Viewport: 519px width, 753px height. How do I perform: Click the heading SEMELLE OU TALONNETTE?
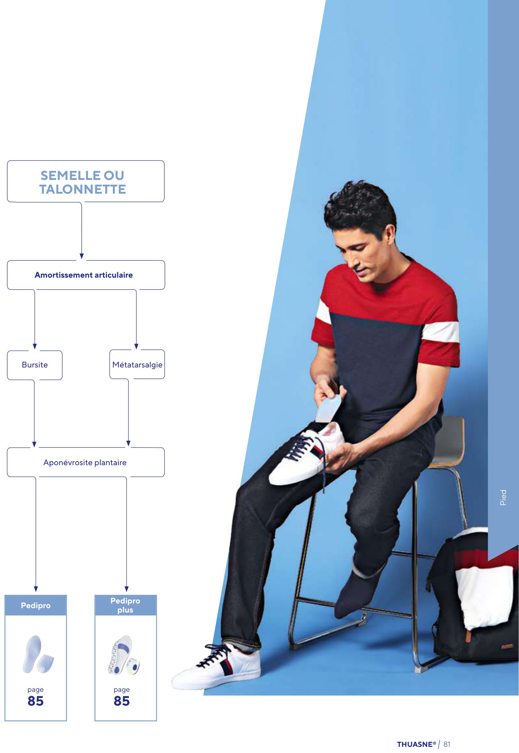[x=83, y=182]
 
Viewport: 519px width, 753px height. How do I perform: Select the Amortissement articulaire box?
[x=86, y=275]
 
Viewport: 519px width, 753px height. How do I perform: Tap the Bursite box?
[x=35, y=365]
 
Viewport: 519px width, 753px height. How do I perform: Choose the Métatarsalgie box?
[x=137, y=364]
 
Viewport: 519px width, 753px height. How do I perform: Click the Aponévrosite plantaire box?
[x=85, y=462]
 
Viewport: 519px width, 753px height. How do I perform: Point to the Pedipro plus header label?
[x=125, y=605]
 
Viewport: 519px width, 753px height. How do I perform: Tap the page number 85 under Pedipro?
[x=35, y=701]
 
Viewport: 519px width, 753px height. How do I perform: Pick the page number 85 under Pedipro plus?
[x=122, y=701]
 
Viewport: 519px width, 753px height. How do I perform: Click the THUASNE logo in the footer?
[x=417, y=744]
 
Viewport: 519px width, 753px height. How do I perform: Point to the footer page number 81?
[x=447, y=744]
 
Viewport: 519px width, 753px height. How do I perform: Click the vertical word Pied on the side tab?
[x=503, y=497]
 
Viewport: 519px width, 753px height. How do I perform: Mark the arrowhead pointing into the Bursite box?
[x=35, y=346]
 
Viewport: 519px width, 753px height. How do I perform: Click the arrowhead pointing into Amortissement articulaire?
[x=82, y=256]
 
